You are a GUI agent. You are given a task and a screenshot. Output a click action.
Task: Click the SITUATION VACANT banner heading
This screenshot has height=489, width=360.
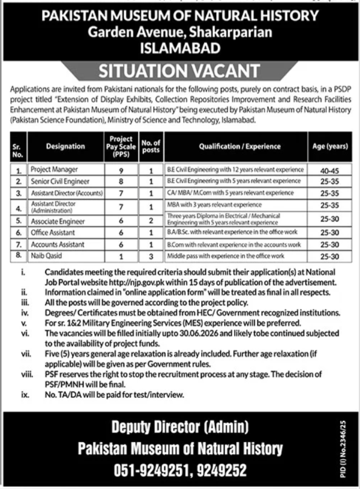pos(180,71)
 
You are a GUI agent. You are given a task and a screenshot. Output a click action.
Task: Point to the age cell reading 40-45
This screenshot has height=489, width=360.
pos(328,171)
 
